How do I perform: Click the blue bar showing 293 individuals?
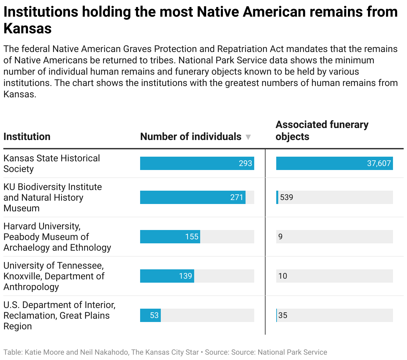197,163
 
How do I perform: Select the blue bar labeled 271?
192,197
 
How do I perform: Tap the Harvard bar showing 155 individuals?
170,237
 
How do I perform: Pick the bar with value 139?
167,276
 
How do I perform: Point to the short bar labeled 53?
150,315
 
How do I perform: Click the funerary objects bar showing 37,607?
334,163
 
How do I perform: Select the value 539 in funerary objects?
287,197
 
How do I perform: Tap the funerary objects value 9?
280,237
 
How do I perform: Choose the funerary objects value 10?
283,276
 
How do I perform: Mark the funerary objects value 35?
283,315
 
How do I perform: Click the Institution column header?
27,137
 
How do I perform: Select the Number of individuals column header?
190,137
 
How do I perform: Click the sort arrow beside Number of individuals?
248,137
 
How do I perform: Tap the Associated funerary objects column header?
322,130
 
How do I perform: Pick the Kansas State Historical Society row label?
51,163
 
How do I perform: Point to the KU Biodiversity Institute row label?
52,197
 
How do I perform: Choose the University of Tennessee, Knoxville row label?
54,276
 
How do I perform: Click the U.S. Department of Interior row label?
59,315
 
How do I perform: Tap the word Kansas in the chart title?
28,29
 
